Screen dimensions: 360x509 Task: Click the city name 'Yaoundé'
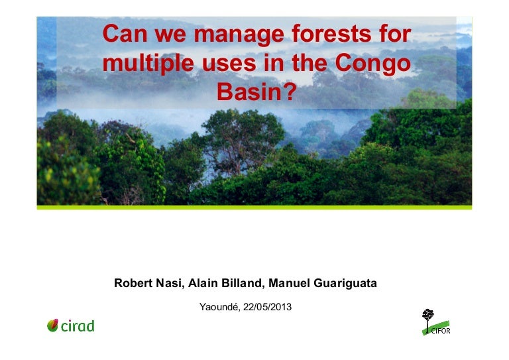(220, 306)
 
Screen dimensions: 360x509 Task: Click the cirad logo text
(78, 326)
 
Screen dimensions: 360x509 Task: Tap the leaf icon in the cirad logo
(53, 325)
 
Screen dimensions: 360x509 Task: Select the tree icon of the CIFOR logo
(428, 316)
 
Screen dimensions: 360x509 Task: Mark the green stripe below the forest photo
(254, 208)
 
